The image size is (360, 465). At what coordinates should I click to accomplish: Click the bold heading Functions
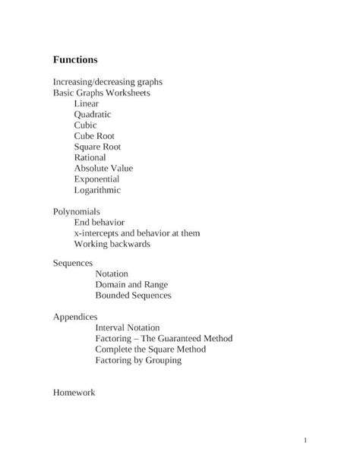click(x=75, y=59)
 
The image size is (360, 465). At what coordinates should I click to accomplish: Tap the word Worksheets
click(x=127, y=93)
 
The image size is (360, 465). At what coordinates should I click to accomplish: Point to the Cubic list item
click(x=86, y=125)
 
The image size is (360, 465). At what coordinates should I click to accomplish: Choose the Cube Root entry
click(x=94, y=136)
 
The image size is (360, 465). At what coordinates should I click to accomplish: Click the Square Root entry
click(x=97, y=147)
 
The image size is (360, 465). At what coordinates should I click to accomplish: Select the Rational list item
click(x=90, y=157)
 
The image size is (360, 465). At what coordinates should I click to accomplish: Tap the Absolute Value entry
click(x=103, y=169)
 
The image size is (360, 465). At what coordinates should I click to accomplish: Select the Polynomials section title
click(x=76, y=211)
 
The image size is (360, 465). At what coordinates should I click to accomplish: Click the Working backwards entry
click(x=112, y=244)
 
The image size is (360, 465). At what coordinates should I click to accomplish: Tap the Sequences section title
click(x=73, y=263)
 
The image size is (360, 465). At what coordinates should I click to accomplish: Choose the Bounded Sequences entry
click(x=133, y=295)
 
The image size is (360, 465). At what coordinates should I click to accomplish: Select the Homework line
click(x=74, y=393)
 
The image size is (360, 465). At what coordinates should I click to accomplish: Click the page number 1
click(x=304, y=441)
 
